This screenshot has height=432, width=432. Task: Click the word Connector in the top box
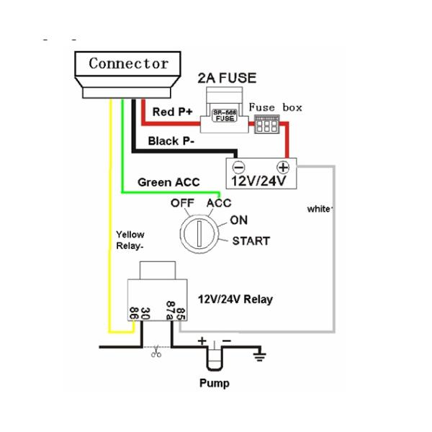[129, 63]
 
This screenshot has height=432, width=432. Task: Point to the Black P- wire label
[171, 140]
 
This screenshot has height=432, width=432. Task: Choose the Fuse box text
[276, 108]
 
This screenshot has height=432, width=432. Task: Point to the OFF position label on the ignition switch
[183, 203]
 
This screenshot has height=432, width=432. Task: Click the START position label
[251, 240]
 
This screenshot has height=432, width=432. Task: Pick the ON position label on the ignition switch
[238, 220]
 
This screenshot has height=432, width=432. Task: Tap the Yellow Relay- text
[130, 240]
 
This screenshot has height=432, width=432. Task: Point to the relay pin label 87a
[170, 310]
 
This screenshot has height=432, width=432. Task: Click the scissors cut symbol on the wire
[155, 353]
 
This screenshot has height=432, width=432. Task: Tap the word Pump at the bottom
[215, 383]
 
